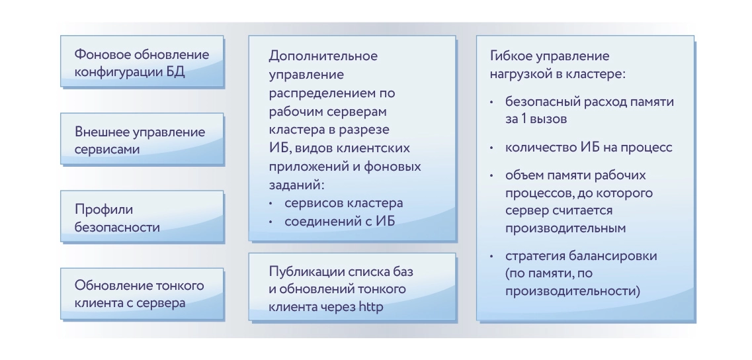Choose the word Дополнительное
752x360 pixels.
click(323, 56)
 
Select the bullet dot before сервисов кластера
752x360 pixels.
click(271, 204)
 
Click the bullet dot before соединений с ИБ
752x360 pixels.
click(271, 222)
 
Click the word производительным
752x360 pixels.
click(565, 228)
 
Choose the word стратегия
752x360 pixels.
click(534, 256)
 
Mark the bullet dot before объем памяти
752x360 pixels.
click(491, 175)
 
